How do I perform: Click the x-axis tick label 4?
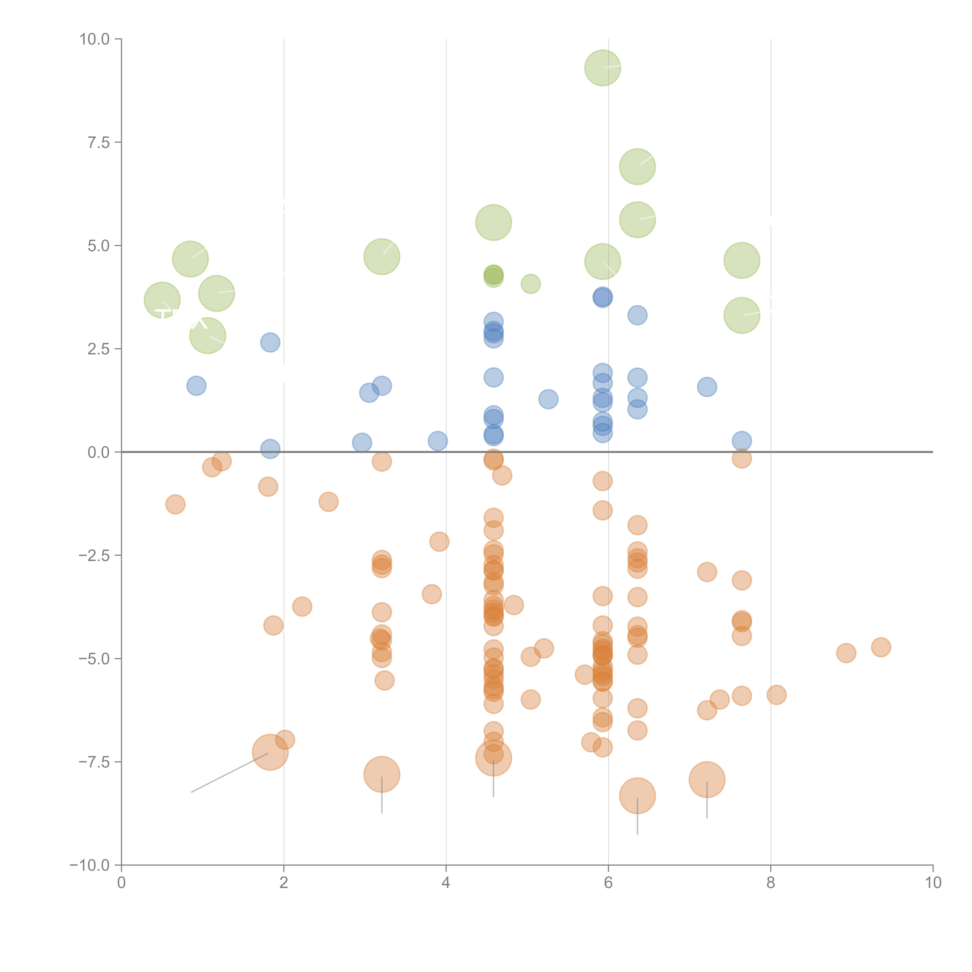pyautogui.click(x=446, y=883)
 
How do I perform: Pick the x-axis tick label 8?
pyautogui.click(x=770, y=883)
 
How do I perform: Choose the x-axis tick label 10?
pyautogui.click(x=933, y=883)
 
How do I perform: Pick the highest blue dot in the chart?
pyautogui.click(x=602, y=297)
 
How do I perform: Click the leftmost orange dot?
pyautogui.click(x=175, y=504)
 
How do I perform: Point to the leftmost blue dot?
pyautogui.click(x=196, y=386)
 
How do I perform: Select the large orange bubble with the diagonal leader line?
pyautogui.click(x=270, y=752)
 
